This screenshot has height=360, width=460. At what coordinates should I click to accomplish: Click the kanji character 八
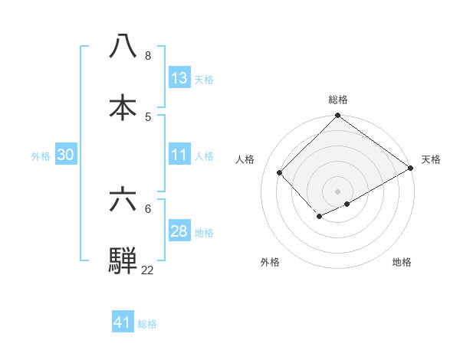[123, 47]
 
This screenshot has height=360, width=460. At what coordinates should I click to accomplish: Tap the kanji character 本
[123, 107]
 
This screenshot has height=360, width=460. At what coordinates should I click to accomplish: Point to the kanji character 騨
[123, 260]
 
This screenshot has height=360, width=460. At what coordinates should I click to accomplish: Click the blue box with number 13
[179, 78]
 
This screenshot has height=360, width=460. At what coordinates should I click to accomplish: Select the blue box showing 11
[179, 155]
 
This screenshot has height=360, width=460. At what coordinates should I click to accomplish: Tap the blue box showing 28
[179, 231]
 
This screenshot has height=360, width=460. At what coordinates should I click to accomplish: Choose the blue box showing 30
[65, 155]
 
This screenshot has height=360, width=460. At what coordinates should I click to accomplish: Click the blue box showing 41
[123, 322]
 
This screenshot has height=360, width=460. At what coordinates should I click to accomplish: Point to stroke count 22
[147, 270]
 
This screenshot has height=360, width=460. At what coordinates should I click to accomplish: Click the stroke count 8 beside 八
[147, 56]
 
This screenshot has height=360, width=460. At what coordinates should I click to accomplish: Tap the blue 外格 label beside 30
[41, 155]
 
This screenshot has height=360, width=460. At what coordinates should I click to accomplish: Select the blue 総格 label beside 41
[147, 324]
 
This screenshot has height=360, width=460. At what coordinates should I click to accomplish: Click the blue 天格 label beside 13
[204, 79]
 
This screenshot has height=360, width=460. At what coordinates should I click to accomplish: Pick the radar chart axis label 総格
[338, 100]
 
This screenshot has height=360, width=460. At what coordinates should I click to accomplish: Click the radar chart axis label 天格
[431, 159]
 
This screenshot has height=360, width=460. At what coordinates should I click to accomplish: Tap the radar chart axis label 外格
[270, 263]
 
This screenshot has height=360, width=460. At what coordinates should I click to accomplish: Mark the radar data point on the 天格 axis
[412, 168]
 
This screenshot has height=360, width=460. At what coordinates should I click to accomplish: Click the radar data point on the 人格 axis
[280, 173]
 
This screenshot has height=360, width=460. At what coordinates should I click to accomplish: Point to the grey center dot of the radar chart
[337, 191]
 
